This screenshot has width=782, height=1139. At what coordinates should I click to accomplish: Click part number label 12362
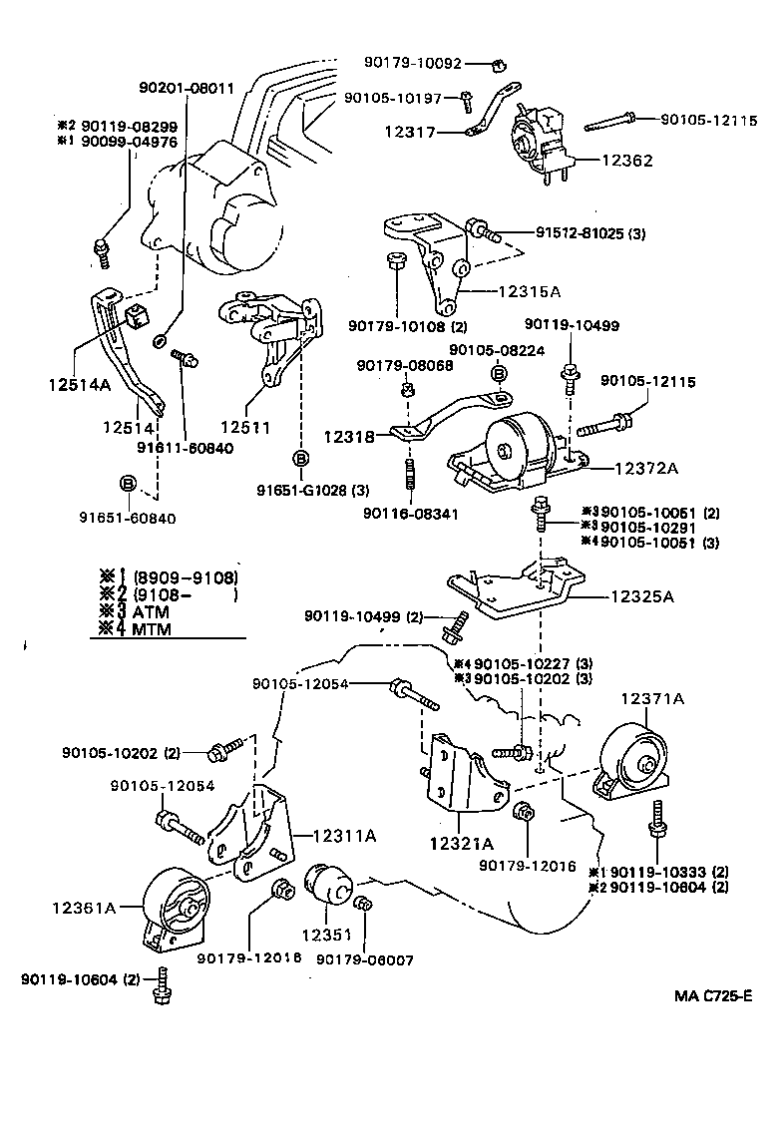(627, 159)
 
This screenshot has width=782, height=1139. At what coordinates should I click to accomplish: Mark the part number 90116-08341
(409, 514)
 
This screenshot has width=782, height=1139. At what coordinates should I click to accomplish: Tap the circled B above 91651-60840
(128, 484)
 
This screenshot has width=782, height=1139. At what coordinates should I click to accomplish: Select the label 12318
(349, 436)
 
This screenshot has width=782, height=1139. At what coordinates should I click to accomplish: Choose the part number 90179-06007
(364, 959)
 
